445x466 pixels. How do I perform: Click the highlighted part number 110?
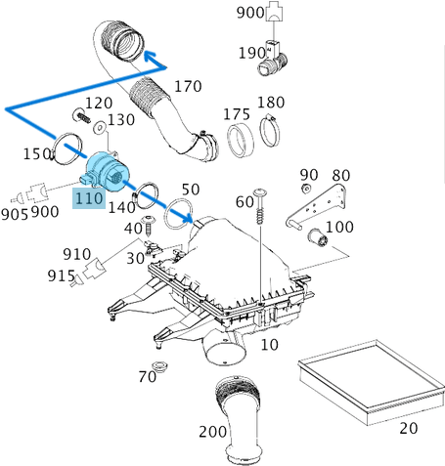coord(88,198)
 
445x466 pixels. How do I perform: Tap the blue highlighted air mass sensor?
coord(108,170)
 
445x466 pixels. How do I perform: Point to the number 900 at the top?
coord(250,13)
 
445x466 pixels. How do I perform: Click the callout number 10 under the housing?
coord(269,345)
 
